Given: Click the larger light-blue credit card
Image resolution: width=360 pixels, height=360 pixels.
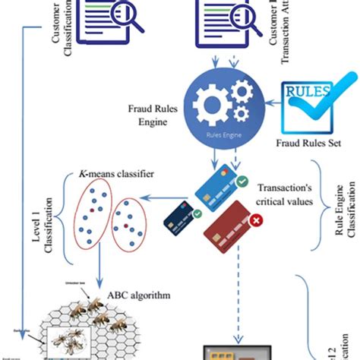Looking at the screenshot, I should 216,185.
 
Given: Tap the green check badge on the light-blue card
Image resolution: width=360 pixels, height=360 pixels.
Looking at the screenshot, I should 241,182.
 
